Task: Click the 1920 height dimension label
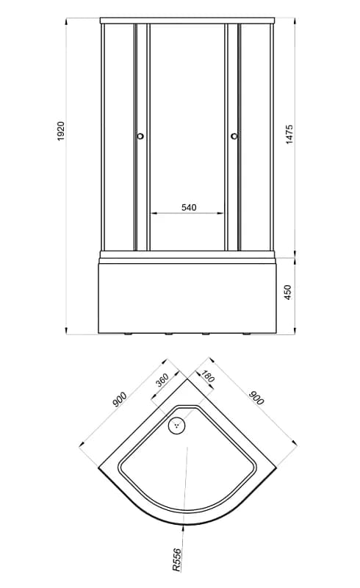click(x=61, y=131)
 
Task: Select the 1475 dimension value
click(x=289, y=135)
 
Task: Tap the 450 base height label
click(x=287, y=292)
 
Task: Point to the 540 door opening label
click(x=189, y=207)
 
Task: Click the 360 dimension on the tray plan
click(x=162, y=380)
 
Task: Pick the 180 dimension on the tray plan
click(x=207, y=376)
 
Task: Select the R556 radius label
click(x=176, y=559)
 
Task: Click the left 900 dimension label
click(x=120, y=399)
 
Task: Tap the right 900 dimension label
click(x=257, y=398)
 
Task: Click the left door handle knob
click(x=140, y=136)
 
